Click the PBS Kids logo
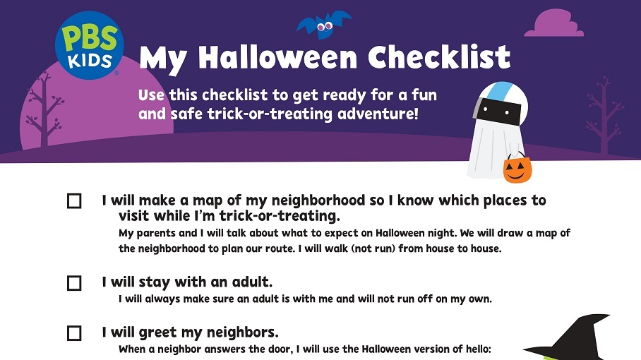tap(88, 45)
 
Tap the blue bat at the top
tap(324, 25)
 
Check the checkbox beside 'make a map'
tap(74, 201)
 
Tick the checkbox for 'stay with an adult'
tap(74, 283)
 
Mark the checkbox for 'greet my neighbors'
tap(74, 333)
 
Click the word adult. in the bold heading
tap(252, 282)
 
